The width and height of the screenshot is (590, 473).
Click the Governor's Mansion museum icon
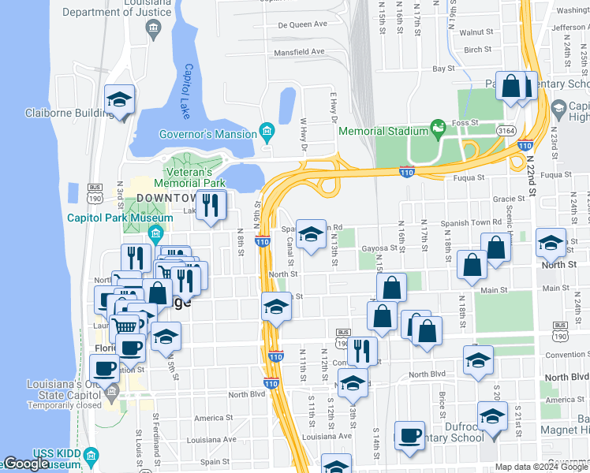tap(267, 132)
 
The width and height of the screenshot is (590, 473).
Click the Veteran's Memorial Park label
tap(189, 177)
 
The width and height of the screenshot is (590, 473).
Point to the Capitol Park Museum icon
tap(155, 233)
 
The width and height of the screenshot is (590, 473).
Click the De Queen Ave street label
tap(302, 24)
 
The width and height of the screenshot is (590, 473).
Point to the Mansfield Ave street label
tap(299, 52)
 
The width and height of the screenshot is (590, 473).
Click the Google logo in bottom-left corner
tap(25, 464)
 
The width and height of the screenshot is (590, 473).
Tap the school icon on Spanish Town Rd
tap(311, 234)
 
